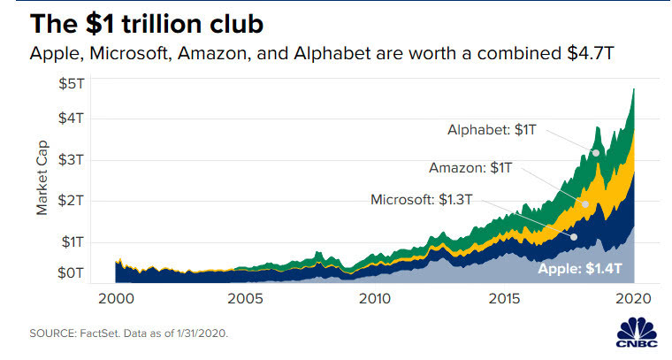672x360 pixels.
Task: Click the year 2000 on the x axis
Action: tap(118, 299)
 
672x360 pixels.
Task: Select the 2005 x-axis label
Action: tap(246, 299)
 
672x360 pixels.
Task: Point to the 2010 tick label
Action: tap(375, 299)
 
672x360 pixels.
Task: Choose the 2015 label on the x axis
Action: tap(504, 299)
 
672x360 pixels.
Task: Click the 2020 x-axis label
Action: tap(633, 299)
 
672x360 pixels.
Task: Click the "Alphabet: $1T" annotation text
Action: tap(491, 130)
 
